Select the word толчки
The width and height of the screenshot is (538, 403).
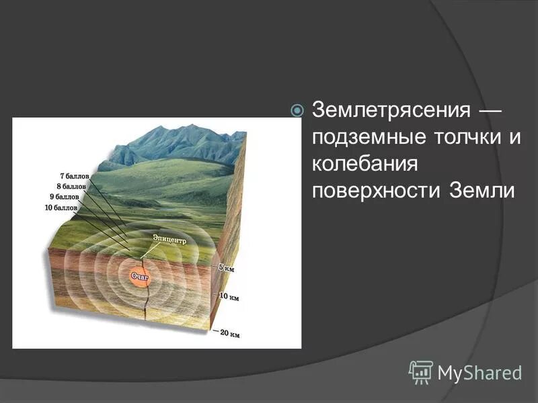tap(457, 137)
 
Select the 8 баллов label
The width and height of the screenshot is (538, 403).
tap(70, 187)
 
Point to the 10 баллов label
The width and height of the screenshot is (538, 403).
tap(61, 208)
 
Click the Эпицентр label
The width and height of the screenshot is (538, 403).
tap(166, 238)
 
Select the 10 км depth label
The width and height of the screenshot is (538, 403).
tap(229, 296)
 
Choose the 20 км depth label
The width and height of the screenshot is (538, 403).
tap(229, 332)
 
